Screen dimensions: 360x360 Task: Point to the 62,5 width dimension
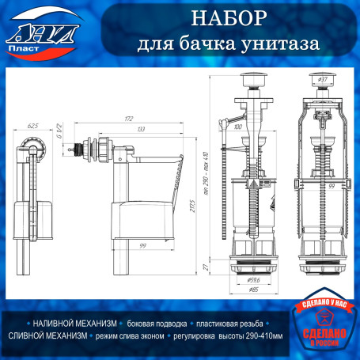point(32,125)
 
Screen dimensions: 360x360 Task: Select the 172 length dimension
point(127,118)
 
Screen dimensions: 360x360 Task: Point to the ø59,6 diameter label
point(254,279)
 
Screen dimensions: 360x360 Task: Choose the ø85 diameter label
point(254,290)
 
